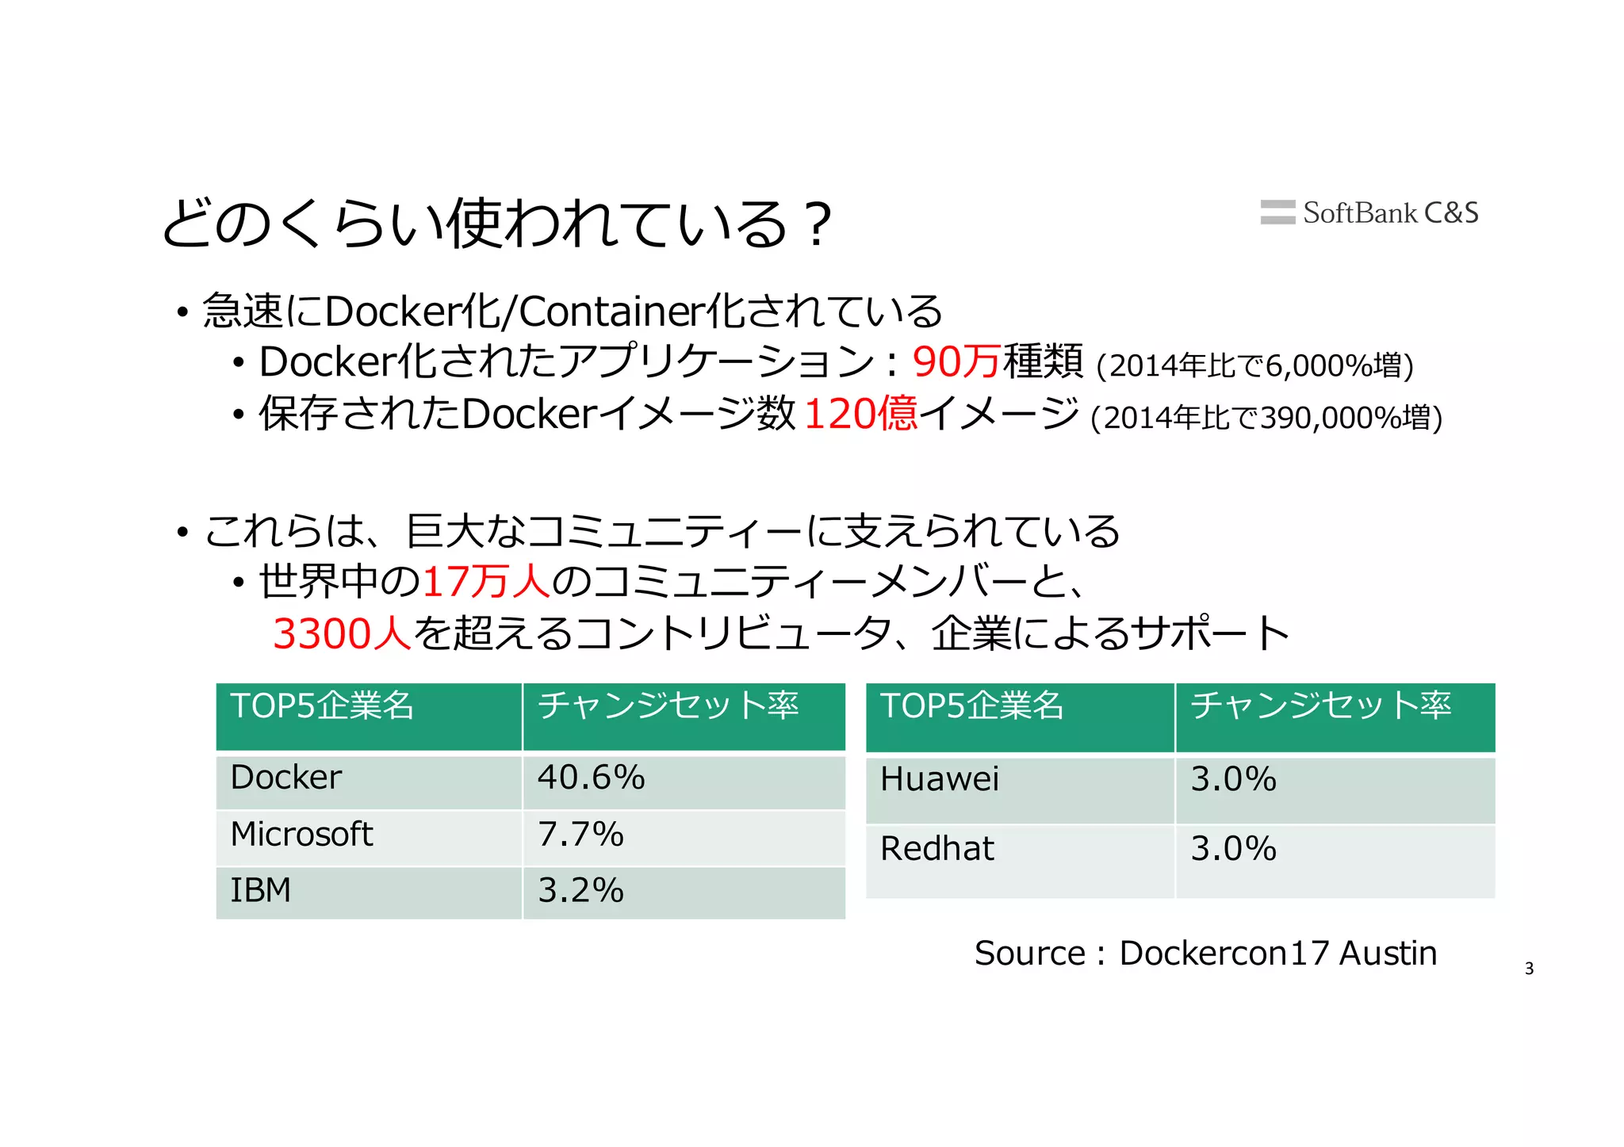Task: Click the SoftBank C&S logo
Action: coord(1369,212)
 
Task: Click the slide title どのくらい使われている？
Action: coord(497,224)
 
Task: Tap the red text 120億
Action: coord(860,414)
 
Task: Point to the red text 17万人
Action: coord(485,582)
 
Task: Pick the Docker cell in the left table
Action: coord(369,781)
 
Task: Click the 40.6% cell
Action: coord(684,781)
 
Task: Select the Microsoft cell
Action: coord(369,837)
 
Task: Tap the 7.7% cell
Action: coord(684,837)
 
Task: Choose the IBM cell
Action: coord(369,893)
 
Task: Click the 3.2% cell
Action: coord(684,893)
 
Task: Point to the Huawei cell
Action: coord(1020,790)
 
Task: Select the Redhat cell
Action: coord(1020,861)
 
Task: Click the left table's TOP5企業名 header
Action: coord(369,716)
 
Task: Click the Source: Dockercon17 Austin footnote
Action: coord(1205,953)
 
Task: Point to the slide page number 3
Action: coord(1529,969)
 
